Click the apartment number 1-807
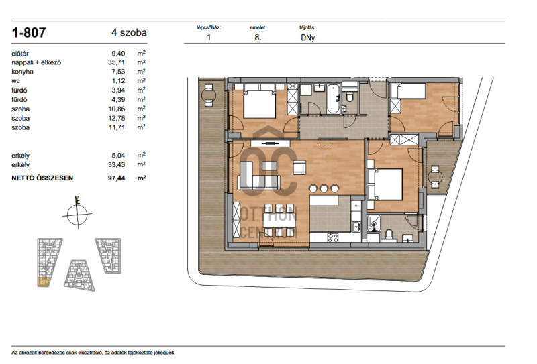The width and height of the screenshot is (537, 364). tap(29, 32)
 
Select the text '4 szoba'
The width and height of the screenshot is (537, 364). tap(129, 32)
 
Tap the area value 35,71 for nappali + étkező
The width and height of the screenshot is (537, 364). tap(116, 62)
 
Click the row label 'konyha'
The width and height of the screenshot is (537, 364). tap(23, 72)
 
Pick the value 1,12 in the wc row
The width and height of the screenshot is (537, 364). tap(119, 81)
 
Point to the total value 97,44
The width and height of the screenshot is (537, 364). tap(116, 178)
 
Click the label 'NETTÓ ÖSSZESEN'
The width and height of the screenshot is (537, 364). tap(42, 178)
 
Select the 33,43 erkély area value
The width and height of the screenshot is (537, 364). tap(116, 165)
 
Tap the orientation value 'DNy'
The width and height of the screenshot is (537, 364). tap(307, 38)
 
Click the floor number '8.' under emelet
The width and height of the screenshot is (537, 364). tap(258, 38)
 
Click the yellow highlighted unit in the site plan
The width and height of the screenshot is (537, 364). tap(44, 282)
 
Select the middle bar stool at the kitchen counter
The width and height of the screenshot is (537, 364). tap(324, 188)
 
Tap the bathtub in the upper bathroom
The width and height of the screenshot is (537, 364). tap(333, 99)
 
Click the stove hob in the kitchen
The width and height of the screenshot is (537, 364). tap(333, 237)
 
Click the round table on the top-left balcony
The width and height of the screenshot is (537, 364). tap(209, 93)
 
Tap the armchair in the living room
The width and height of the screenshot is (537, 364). tap(299, 168)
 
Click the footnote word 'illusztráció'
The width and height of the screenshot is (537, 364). tap(91, 353)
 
